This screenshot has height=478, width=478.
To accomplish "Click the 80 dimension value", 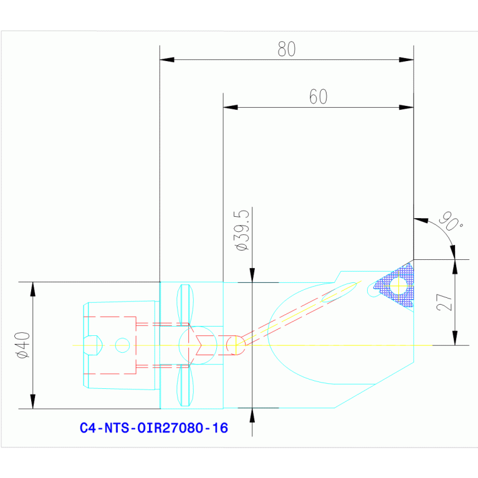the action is click(x=287, y=49).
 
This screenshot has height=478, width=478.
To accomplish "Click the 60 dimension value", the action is click(x=318, y=97).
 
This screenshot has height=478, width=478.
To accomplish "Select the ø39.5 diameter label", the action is click(x=242, y=231).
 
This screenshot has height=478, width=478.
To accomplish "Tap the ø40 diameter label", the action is click(x=24, y=345).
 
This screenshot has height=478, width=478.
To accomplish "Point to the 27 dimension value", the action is click(x=444, y=302).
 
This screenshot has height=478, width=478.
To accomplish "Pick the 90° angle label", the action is click(x=451, y=221).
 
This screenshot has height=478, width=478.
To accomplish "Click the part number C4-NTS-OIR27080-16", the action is click(x=154, y=428).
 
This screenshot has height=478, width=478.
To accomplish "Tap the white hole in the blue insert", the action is click(x=399, y=285).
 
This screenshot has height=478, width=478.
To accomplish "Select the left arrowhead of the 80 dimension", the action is click(x=167, y=59).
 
